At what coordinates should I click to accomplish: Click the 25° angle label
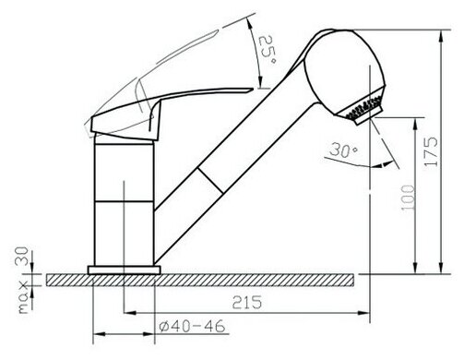267,49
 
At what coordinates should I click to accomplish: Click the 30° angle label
343,150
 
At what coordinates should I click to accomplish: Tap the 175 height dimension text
431,151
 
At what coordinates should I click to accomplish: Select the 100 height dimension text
409,198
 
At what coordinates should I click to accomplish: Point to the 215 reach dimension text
247,302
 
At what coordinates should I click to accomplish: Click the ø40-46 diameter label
192,326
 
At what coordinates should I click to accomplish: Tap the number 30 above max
22,256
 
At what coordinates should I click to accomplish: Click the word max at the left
22,297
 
